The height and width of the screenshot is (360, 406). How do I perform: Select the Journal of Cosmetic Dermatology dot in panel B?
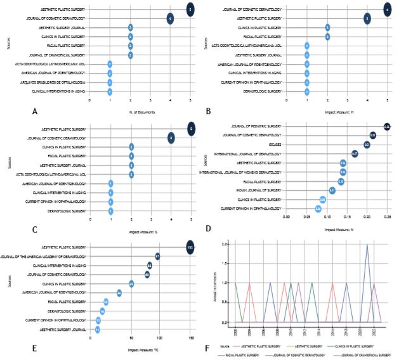tap(388, 10)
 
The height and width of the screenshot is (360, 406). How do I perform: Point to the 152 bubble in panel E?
tap(190, 247)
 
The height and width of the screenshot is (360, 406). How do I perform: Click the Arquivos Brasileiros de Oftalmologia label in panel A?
tap(62, 82)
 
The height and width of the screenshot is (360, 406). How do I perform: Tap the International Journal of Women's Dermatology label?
tap(241, 172)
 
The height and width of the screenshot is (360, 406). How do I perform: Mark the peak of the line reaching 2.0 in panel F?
tap(367, 245)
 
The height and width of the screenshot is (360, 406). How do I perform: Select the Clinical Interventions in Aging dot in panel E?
tap(150, 265)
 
